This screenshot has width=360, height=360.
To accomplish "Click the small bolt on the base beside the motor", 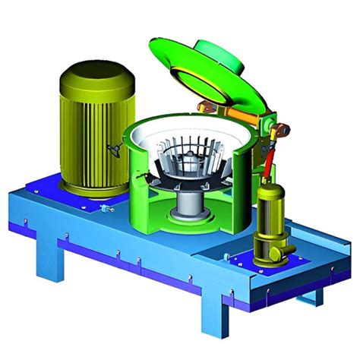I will pos(107,206).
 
